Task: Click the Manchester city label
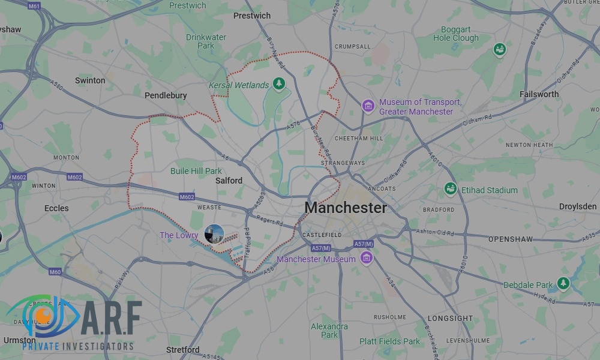[x=346, y=208]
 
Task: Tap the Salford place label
[x=229, y=181]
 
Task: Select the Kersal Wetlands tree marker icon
[x=278, y=84]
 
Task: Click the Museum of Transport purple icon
[x=368, y=107]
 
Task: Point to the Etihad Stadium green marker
[x=451, y=190]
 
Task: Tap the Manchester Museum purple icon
[x=367, y=259]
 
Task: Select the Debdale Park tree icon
[x=563, y=284]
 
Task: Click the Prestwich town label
[x=252, y=16]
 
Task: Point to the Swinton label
[x=90, y=80]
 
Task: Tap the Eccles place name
[x=56, y=209]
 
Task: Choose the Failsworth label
[x=539, y=94]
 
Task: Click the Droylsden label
[x=578, y=206]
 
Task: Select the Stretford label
[x=183, y=350]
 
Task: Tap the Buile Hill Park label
[x=196, y=171]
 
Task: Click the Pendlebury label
[x=166, y=95]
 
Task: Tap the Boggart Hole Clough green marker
[x=499, y=49]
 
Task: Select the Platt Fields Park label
[x=390, y=341]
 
